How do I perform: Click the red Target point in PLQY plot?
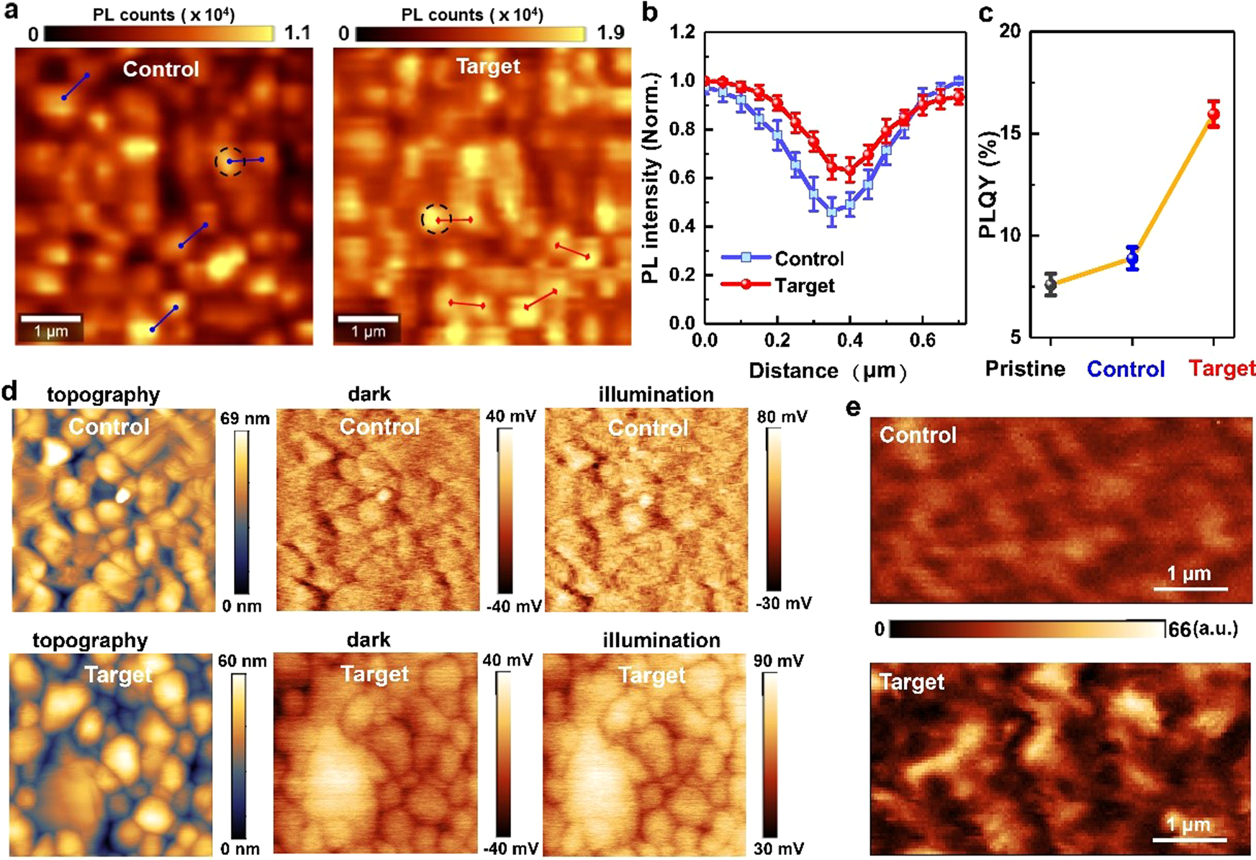[1214, 114]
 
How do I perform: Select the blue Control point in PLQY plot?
[1132, 258]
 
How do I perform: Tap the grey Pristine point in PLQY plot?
[1051, 284]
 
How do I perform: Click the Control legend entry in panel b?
[783, 258]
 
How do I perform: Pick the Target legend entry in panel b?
[780, 285]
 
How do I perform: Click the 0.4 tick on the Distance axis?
[850, 340]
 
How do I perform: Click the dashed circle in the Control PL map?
[230, 161]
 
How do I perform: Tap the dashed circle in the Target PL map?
[436, 219]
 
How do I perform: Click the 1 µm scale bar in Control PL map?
[50, 317]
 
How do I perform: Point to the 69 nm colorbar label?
[245, 418]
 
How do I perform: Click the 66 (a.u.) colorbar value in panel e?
[1202, 629]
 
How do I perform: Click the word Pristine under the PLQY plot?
[1025, 369]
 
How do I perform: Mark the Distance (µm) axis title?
[828, 371]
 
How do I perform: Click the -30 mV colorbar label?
[783, 603]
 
